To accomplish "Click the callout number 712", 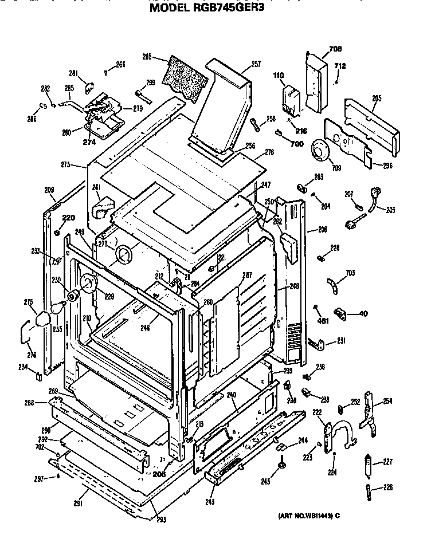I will pyautogui.click(x=340, y=66).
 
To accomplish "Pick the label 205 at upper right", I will pyautogui.click(x=376, y=99).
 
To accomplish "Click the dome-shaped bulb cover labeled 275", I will pyautogui.click(x=41, y=318).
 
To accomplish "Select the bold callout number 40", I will pyautogui.click(x=363, y=313).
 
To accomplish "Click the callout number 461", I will pyautogui.click(x=323, y=320).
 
